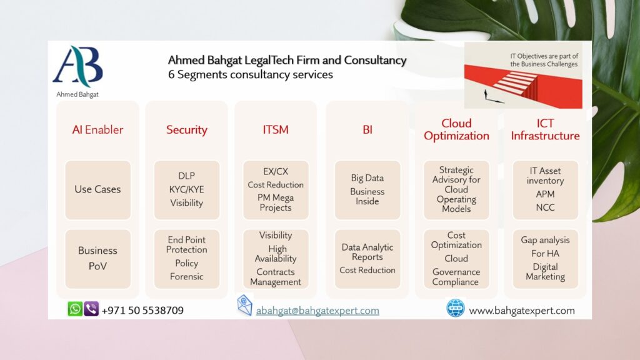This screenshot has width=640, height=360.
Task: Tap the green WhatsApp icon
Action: click(75, 309)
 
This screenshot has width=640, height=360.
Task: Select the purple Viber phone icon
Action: click(91, 309)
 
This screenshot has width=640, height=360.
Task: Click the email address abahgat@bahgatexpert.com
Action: click(317, 311)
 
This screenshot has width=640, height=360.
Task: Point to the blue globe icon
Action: click(456, 308)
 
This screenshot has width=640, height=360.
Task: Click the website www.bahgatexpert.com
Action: click(522, 311)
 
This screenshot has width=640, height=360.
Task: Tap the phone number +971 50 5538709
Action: click(142, 310)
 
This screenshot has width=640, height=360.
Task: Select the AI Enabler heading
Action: click(97, 130)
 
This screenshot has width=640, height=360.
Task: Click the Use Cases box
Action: click(98, 190)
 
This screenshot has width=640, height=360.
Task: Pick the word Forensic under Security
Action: click(186, 276)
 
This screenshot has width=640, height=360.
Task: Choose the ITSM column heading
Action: click(276, 130)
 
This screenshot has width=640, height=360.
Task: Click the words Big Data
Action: click(367, 178)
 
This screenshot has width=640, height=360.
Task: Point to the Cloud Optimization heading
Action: click(456, 129)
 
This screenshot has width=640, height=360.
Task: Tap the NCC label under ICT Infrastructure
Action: click(545, 207)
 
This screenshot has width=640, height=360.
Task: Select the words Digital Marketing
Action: click(545, 271)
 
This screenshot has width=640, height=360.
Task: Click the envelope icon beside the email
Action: click(244, 305)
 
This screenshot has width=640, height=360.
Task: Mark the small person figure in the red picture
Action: click(486, 95)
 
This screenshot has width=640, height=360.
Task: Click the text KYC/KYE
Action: click(186, 189)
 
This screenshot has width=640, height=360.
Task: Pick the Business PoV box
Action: click(98, 259)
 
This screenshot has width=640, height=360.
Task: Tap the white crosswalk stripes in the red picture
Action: click(515, 83)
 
